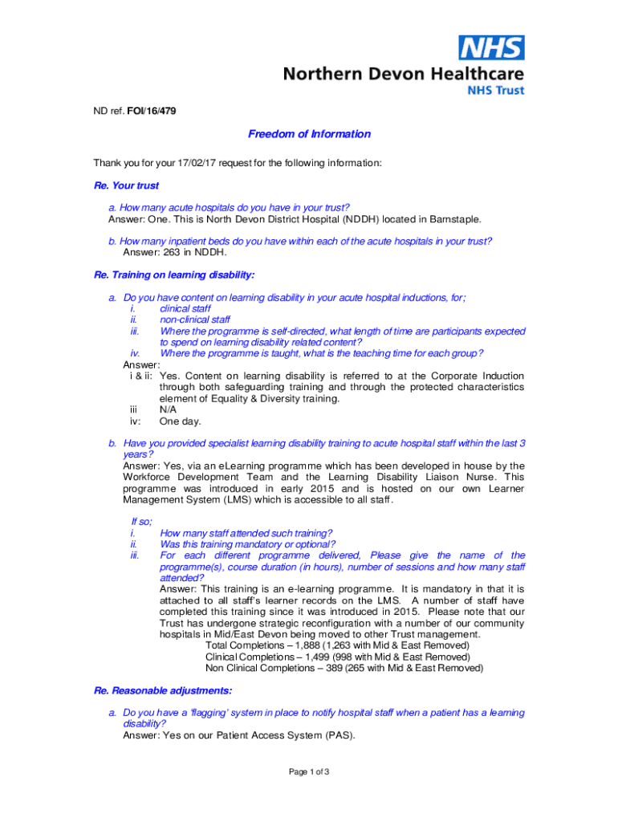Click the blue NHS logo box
(491, 48)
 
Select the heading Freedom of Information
(309, 134)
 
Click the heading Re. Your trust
(127, 185)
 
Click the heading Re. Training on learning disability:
(174, 275)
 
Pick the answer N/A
(168, 409)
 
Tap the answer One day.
(180, 421)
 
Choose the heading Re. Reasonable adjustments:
(163, 690)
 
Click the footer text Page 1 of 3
(309, 772)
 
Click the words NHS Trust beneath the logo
(496, 91)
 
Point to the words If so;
(141, 522)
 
